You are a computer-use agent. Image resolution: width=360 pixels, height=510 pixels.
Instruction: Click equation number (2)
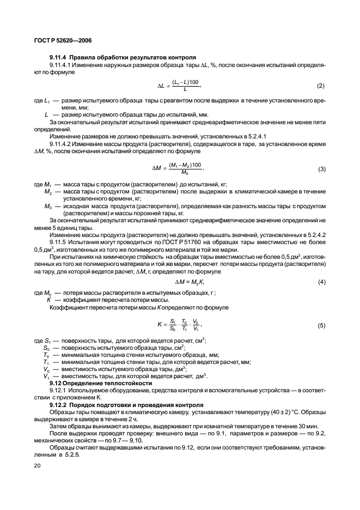(x=321, y=86)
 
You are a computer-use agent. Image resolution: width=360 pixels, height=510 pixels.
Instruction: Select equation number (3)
(x=321, y=168)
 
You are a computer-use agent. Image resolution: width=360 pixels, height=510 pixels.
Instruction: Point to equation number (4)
(x=321, y=282)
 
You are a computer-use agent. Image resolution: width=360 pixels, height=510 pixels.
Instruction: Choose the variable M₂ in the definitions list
(x=48, y=192)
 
